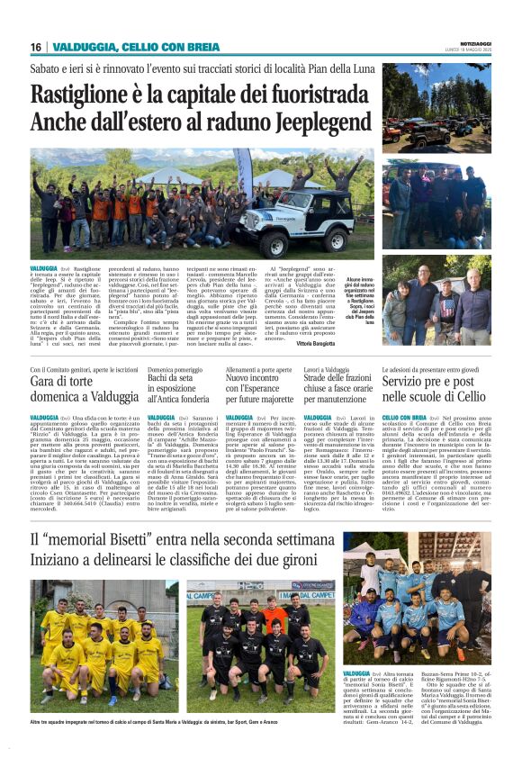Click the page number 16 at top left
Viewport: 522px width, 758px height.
click(36, 47)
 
